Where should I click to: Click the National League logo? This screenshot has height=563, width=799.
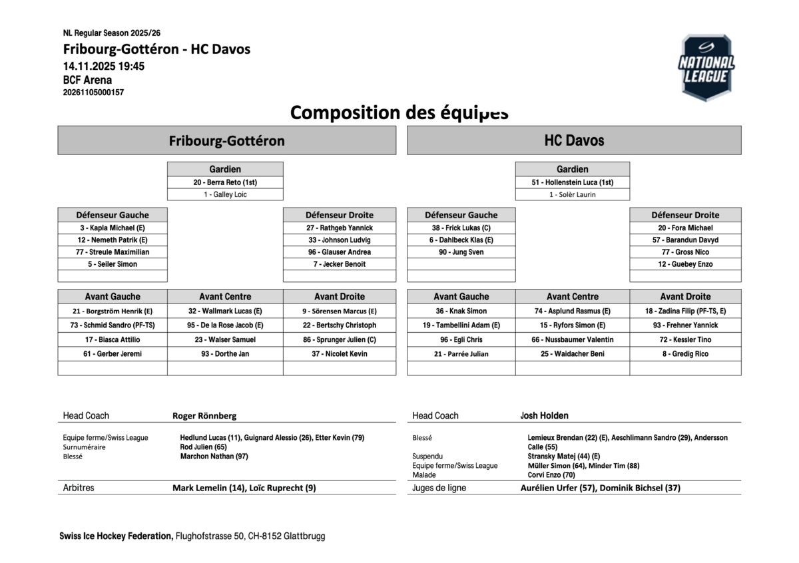coord(706,67)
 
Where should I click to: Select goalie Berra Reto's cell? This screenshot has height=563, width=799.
coord(225,182)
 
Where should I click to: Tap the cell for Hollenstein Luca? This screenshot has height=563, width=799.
coord(572,182)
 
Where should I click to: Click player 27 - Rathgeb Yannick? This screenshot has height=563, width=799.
coord(340,228)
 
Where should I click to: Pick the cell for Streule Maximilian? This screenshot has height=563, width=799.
coord(113,252)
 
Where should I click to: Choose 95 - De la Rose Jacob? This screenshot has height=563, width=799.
coord(225,325)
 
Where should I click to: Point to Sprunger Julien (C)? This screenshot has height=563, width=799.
coord(340,339)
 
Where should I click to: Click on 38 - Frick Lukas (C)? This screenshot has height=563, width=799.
coord(461,228)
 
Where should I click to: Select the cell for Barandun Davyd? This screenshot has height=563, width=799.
coord(685,240)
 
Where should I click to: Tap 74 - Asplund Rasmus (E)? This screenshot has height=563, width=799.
coord(572,311)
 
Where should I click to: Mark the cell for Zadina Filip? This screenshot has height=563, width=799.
coord(685,311)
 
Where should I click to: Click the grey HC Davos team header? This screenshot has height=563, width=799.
coord(574,140)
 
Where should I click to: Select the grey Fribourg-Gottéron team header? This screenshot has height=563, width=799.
coord(226,140)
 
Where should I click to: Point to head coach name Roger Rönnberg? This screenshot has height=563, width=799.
coord(204,416)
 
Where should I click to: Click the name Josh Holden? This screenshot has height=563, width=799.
coord(544,416)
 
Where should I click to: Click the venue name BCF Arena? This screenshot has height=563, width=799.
coord(87,80)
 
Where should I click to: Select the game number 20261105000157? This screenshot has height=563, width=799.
coord(93,93)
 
